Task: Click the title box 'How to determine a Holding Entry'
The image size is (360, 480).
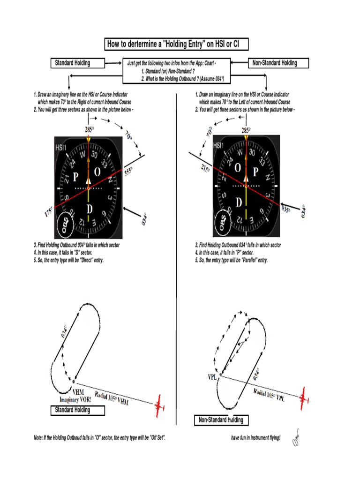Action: click(176, 45)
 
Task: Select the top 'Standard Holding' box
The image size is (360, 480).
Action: click(77, 63)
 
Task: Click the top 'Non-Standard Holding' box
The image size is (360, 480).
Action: click(278, 63)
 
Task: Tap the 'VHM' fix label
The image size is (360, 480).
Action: click(78, 391)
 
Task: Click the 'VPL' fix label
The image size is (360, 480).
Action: click(213, 377)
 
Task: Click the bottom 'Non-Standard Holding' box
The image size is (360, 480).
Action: click(221, 420)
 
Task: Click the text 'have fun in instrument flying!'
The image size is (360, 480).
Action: click(255, 438)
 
